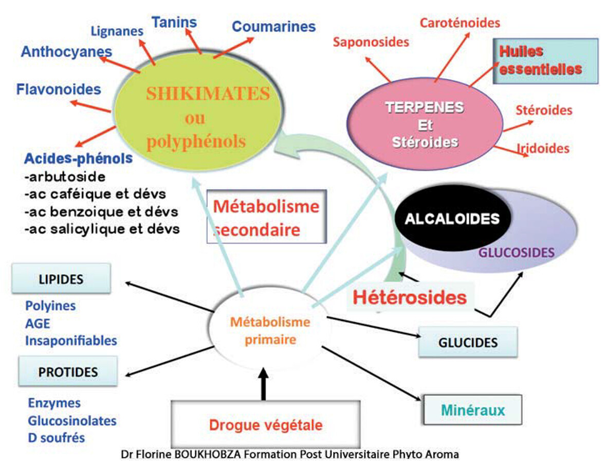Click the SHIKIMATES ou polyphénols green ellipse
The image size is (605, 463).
(198, 117)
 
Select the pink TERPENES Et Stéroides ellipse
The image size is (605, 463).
(425, 124)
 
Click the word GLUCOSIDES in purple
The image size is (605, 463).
(517, 253)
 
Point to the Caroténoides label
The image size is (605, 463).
(460, 23)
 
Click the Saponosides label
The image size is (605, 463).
(371, 42)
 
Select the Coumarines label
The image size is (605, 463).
(273, 26)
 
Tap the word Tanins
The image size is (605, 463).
(174, 22)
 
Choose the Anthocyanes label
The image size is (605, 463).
(66, 51)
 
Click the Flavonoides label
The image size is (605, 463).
(59, 89)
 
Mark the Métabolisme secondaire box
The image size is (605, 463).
(266, 217)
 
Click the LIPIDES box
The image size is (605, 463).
(61, 279)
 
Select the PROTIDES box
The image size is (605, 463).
(67, 371)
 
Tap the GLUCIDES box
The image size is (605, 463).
(467, 342)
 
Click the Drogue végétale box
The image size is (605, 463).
(265, 425)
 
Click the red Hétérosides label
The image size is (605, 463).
(409, 297)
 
